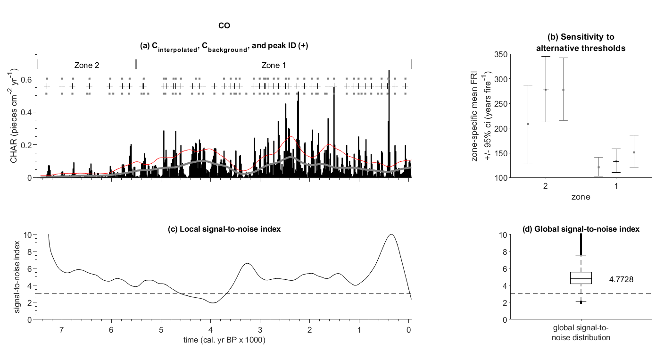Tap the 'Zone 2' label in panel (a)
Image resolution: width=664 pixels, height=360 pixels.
[86, 65]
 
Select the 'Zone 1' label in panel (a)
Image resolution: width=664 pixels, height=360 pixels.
[274, 65]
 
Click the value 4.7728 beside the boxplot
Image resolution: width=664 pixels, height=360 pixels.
[621, 279]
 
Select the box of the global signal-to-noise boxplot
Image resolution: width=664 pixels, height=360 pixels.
[581, 277]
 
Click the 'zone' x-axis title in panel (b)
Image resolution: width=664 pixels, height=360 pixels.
[580, 197]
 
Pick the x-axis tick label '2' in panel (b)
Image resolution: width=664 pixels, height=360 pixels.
[545, 187]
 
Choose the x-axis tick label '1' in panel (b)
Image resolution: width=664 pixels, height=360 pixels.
[616, 187]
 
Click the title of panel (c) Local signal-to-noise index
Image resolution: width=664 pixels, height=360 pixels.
[224, 229]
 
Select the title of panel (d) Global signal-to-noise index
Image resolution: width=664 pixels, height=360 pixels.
[581, 229]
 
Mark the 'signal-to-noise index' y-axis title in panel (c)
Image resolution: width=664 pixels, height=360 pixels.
[17, 277]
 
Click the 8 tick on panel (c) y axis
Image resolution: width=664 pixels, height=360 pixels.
[29, 251]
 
